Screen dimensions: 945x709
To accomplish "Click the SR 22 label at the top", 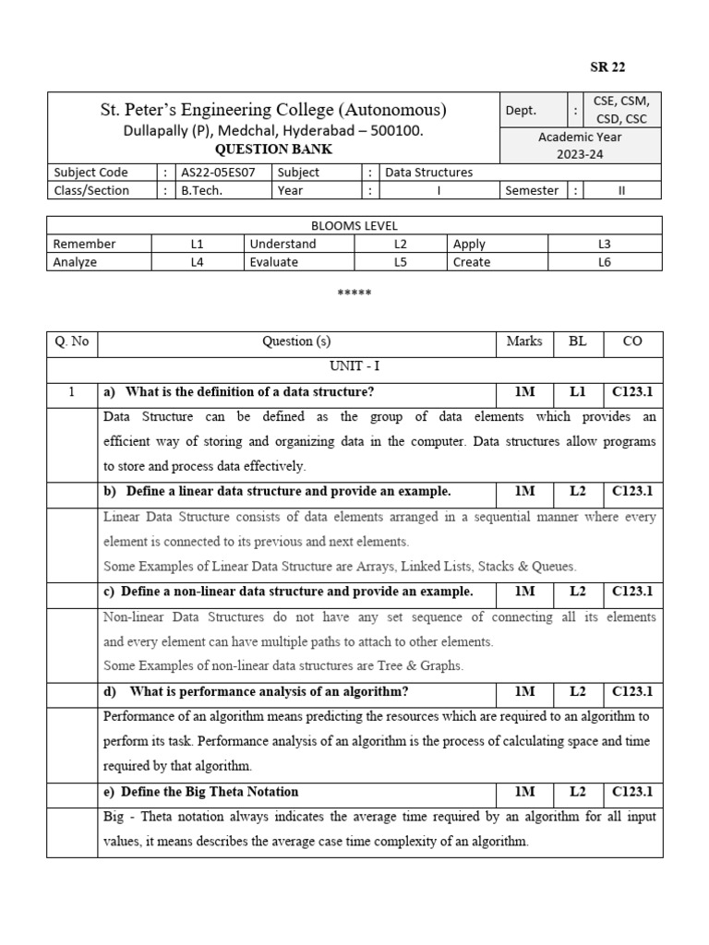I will pos(607,66).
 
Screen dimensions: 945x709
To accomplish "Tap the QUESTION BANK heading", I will pos(273,150).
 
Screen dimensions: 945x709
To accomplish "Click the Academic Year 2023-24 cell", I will pos(580,145).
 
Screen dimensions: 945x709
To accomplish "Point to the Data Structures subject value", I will pos(428,172).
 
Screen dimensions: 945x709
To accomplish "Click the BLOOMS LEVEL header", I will pos(354,225).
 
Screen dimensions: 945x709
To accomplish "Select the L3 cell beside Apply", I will pos(605,244).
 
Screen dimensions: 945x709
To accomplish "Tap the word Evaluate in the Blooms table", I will pos(273,262).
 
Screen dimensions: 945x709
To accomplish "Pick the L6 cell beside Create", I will pos(605,262).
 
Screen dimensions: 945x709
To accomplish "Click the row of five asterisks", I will pos(354,293).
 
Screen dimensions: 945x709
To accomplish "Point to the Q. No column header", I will pos(71,341).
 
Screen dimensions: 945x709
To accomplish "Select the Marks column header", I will pos(524,341).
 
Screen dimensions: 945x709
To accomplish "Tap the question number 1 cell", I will pos(71,391).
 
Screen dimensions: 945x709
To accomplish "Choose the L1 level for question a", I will pos(578,391).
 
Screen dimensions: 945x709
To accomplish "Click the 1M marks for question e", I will pos(524,791).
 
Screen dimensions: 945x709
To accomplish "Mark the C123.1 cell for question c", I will pos(632,591).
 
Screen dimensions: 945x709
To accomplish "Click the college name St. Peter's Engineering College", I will pos(273,111).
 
